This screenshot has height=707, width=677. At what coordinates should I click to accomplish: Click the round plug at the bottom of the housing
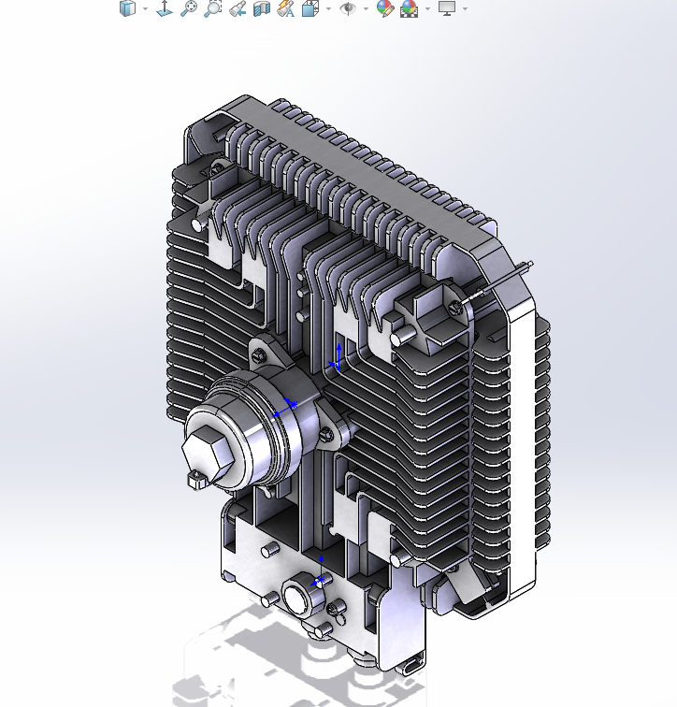[295, 598]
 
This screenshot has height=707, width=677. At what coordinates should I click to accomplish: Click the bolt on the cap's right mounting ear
[326, 435]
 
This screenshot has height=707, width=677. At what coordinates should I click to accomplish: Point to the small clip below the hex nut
[196, 481]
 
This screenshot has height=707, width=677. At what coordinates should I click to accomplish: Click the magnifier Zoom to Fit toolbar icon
[189, 9]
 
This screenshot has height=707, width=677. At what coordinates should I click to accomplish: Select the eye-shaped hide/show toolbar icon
[348, 9]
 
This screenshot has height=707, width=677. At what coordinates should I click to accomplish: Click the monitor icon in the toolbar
[447, 9]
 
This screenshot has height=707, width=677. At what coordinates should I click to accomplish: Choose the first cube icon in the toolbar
[128, 9]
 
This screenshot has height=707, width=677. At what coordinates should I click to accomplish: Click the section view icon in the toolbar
[262, 9]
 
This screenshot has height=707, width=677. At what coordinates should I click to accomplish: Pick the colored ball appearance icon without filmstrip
[383, 9]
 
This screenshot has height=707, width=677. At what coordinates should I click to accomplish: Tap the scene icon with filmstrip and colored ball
[409, 9]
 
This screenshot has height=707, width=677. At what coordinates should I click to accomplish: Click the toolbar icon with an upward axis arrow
[165, 9]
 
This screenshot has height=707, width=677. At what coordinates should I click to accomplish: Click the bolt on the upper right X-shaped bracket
[454, 305]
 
